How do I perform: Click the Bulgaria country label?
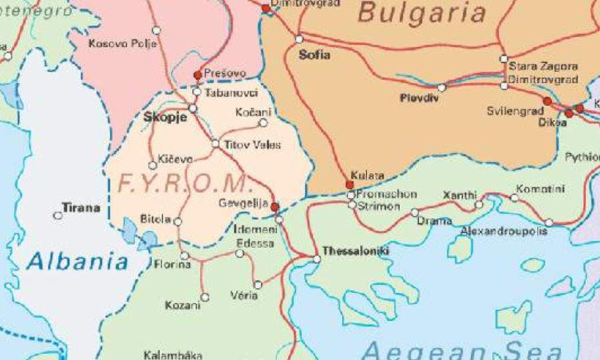421,13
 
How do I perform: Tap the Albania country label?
77,261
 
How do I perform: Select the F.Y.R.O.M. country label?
183,183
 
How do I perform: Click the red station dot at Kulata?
349,185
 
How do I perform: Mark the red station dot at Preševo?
197,75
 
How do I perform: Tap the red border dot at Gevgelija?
275,207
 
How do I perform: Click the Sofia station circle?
299,39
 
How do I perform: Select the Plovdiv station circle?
441,87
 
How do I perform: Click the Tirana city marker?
58,215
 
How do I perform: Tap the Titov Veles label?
252,145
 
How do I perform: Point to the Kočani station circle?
263,123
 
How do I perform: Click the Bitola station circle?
177,221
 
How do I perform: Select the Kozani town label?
182,305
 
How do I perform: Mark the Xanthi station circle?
479,205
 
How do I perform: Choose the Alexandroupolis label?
504,231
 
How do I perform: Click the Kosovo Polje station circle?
156,30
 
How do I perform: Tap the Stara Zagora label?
543,67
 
